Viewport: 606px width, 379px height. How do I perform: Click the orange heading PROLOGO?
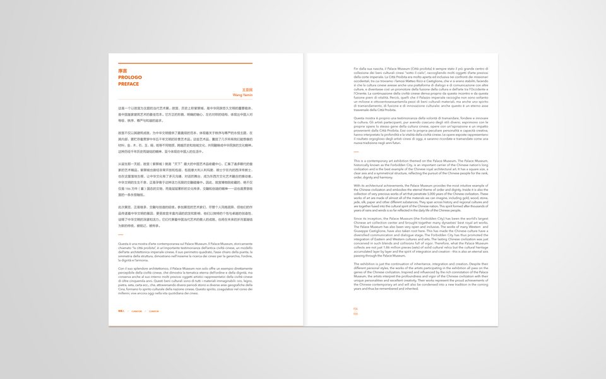tap(129, 77)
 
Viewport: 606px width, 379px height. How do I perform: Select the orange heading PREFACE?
tap(128, 83)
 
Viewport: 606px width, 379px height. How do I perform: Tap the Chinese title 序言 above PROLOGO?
tap(122, 71)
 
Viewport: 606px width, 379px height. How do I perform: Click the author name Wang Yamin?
tap(242, 94)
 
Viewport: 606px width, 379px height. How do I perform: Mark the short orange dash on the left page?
tap(120, 234)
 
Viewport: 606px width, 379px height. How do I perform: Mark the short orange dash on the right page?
tap(356, 152)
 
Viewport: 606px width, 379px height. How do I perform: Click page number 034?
tap(355, 309)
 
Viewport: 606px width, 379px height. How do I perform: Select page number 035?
tap(355, 313)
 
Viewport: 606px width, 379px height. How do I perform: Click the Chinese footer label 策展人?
tap(121, 311)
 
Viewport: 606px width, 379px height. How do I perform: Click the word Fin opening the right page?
tap(356, 68)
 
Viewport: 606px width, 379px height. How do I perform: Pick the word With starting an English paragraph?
tap(357, 185)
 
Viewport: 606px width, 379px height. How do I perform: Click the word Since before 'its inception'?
tap(358, 218)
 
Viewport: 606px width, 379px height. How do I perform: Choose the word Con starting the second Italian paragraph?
tap(121, 268)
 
